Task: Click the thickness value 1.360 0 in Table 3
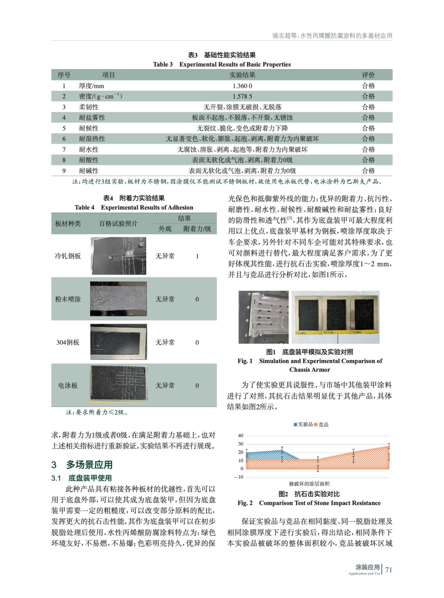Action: (x=242, y=86)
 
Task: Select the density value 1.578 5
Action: (x=242, y=96)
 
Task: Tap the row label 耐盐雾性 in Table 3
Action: (x=92, y=117)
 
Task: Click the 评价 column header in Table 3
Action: (x=368, y=75)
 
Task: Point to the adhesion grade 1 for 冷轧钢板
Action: (x=197, y=256)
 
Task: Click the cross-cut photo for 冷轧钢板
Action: (x=118, y=256)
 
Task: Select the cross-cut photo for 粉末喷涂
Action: (x=118, y=299)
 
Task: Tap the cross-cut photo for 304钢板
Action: (x=118, y=342)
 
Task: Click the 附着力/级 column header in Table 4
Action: (x=197, y=229)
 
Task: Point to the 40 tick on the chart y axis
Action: (x=241, y=435)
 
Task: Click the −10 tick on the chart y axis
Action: (x=238, y=477)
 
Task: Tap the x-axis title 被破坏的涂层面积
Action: (x=309, y=484)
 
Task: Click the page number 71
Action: (x=389, y=570)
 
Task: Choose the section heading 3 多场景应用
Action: (x=82, y=465)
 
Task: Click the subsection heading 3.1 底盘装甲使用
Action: (x=82, y=478)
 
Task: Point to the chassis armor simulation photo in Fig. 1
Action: (x=263, y=317)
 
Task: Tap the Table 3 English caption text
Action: (x=222, y=64)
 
